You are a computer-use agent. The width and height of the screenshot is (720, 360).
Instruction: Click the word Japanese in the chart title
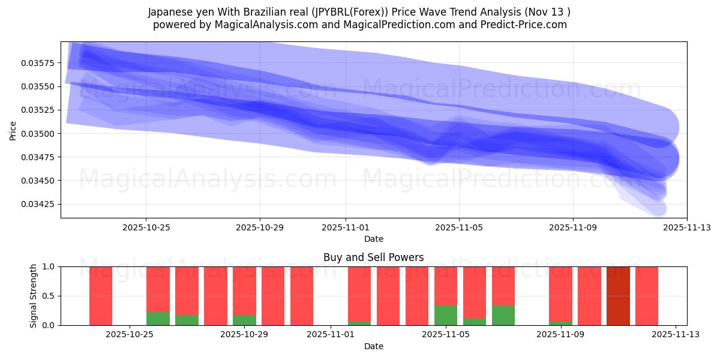click(x=170, y=12)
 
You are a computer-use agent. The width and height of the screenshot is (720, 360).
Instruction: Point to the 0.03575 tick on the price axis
click(x=38, y=63)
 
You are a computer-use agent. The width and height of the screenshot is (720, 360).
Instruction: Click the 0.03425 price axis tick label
click(x=38, y=205)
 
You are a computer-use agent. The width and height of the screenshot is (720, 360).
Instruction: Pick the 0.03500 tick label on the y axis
click(x=38, y=134)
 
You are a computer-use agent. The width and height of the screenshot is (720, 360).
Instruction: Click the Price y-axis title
click(x=13, y=130)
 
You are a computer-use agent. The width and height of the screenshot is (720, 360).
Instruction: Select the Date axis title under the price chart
click(x=373, y=239)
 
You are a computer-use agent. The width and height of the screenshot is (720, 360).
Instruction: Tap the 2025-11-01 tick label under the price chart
click(x=345, y=227)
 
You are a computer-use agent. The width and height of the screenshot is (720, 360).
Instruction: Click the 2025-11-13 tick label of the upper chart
click(x=686, y=227)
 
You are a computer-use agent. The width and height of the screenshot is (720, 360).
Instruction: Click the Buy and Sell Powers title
click(x=373, y=257)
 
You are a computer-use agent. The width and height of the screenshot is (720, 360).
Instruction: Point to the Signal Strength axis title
click(x=34, y=296)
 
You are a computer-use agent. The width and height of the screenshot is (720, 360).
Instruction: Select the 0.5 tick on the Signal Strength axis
click(x=47, y=296)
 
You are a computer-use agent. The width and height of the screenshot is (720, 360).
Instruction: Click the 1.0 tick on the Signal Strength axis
click(x=47, y=266)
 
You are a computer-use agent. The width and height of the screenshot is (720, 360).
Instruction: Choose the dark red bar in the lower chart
click(x=618, y=296)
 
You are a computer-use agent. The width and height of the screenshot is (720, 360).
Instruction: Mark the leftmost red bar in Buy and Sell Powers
click(x=101, y=296)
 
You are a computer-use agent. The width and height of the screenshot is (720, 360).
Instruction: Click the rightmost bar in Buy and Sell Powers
click(x=647, y=296)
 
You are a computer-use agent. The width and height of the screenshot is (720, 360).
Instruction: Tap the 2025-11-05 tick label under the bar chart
click(x=445, y=335)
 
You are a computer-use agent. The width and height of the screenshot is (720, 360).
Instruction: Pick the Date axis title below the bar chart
click(x=373, y=346)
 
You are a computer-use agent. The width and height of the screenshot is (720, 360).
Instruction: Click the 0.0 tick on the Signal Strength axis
click(x=47, y=325)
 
